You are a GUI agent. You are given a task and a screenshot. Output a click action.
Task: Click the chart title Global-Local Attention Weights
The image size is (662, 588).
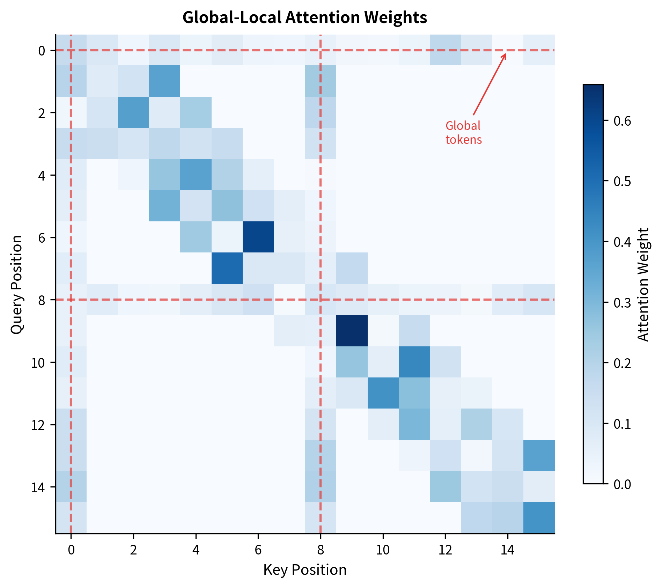click(x=304, y=17)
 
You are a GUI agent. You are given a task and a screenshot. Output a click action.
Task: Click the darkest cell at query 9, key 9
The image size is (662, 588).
click(x=352, y=331)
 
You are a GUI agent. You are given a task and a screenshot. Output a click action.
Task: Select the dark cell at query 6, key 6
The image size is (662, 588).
click(x=258, y=237)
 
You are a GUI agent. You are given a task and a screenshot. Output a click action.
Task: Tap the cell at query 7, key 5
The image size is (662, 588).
click(x=227, y=268)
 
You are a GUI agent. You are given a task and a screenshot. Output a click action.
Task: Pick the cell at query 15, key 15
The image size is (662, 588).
click(x=539, y=518)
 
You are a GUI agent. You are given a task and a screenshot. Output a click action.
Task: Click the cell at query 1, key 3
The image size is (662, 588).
click(x=164, y=81)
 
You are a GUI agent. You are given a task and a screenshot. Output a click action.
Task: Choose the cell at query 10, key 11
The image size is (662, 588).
click(x=414, y=362)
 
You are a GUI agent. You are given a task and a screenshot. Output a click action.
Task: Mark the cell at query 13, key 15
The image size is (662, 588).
click(x=539, y=456)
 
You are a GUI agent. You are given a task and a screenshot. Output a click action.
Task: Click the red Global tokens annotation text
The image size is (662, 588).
click(x=463, y=133)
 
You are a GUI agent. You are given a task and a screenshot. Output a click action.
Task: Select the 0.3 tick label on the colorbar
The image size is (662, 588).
click(x=622, y=303)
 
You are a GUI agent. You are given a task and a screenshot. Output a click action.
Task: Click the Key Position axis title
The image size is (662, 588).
click(x=304, y=570)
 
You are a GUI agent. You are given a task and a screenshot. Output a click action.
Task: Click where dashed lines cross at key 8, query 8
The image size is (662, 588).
click(x=320, y=300)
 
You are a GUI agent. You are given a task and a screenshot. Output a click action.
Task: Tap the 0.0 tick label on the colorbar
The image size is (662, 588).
click(x=622, y=484)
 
